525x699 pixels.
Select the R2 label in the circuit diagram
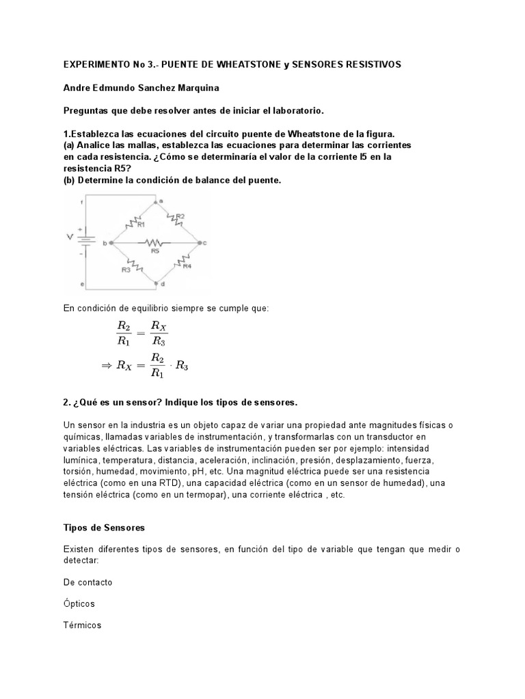180,216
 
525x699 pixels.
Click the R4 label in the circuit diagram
187,266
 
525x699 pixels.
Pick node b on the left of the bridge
111,242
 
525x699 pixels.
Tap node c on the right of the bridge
199,242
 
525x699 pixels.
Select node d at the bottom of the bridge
157,282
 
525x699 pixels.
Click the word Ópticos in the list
79,603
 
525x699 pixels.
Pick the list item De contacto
87,582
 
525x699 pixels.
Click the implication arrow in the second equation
106,365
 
